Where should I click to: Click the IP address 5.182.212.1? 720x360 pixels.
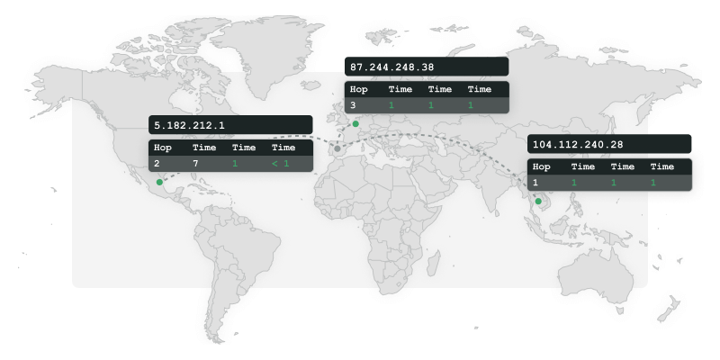click(190, 125)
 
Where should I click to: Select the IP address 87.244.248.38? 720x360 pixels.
click(391, 67)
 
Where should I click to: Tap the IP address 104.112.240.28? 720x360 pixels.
click(578, 144)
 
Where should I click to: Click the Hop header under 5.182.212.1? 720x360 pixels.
click(163, 148)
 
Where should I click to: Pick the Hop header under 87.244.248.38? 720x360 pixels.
click(359, 89)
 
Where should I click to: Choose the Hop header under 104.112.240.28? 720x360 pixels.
click(542, 166)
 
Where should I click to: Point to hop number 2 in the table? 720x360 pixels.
click(157, 164)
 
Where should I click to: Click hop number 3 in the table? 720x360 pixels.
click(353, 105)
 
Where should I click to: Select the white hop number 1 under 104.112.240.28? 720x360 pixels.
click(535, 183)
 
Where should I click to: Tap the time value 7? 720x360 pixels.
click(195, 164)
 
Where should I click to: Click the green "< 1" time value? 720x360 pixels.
click(280, 164)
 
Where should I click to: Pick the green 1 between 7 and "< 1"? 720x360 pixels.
click(235, 164)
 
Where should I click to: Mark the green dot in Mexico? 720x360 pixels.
click(160, 182)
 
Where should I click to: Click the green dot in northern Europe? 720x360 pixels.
click(355, 123)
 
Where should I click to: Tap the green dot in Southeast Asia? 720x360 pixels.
click(538, 202)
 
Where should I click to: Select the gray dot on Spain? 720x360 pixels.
click(337, 148)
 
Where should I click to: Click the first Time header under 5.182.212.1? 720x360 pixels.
click(204, 148)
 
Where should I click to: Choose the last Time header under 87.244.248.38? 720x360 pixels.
click(480, 89)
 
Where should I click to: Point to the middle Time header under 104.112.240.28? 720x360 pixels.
click(623, 166)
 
